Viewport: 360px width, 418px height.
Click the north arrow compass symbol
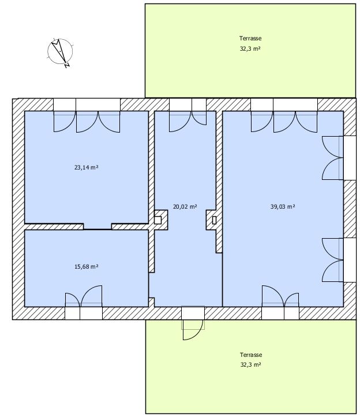point(60,52)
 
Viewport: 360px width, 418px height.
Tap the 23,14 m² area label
point(87,167)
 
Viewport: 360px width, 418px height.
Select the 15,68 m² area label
point(87,266)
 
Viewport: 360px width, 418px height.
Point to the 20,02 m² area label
point(185,206)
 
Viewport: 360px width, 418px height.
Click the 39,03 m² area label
point(283,206)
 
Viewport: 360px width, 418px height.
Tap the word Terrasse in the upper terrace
point(250,38)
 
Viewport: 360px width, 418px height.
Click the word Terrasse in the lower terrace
point(251,355)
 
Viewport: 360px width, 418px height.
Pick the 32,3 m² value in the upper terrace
point(250,48)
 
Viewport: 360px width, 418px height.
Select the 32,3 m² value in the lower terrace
point(250,364)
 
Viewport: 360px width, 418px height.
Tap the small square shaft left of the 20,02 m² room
point(158,220)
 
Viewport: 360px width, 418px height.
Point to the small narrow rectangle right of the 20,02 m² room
point(214,220)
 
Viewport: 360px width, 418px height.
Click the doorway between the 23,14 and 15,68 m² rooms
point(97,227)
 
